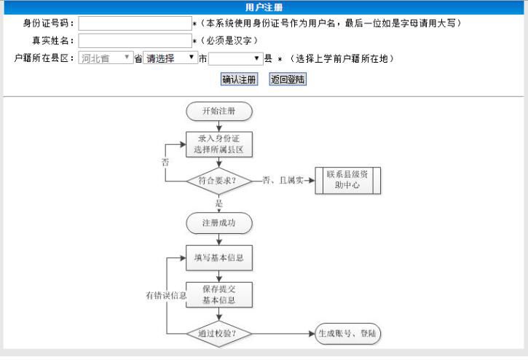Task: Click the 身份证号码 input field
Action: pyautogui.click(x=134, y=24)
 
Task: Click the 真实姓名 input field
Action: pyautogui.click(x=134, y=41)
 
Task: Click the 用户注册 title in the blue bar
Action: pyautogui.click(x=264, y=7)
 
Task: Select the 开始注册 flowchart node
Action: pyautogui.click(x=218, y=111)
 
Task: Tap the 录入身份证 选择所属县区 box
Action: pyautogui.click(x=218, y=144)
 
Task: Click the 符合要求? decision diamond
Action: pyautogui.click(x=218, y=181)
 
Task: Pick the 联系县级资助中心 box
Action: pyautogui.click(x=347, y=181)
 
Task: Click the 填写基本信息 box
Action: pyautogui.click(x=218, y=257)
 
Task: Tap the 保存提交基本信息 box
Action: pyautogui.click(x=218, y=294)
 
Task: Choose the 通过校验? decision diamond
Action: pyautogui.click(x=218, y=334)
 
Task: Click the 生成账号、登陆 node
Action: pyautogui.click(x=348, y=334)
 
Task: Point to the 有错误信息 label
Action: pyautogui.click(x=167, y=296)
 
